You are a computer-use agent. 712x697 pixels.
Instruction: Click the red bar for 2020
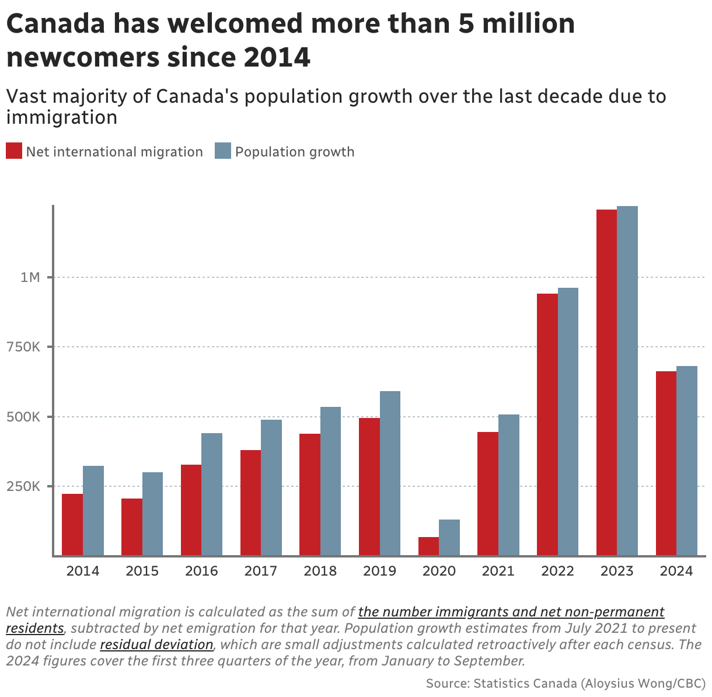pos(428,546)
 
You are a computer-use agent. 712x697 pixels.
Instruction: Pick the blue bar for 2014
pos(93,511)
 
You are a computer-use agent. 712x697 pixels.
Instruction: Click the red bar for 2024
pos(666,463)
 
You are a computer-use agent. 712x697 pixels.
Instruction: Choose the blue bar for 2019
pos(390,473)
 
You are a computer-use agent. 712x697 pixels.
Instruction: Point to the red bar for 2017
pos(250,503)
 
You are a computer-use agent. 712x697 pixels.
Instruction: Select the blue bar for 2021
pos(509,485)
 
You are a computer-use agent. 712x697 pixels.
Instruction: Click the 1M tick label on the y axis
pos(30,277)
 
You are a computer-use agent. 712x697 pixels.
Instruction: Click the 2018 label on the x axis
pos(320,571)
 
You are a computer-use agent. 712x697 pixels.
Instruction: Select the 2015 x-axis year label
pos(142,571)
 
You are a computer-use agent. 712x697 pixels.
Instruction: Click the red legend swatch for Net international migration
pos(14,151)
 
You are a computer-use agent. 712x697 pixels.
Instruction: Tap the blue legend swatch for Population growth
pos(223,151)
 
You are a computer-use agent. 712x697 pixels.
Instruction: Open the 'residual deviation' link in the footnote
pos(157,645)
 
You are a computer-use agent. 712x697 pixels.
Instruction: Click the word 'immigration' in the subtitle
pos(62,117)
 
